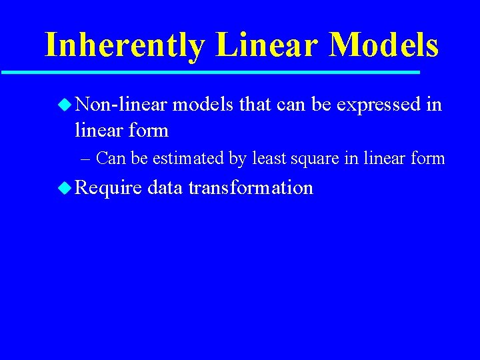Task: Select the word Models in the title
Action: pos(384,45)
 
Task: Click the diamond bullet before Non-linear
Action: pos(65,105)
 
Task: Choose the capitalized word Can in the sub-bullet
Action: pos(109,159)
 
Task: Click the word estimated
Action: pos(193,159)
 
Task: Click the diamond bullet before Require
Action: pos(65,187)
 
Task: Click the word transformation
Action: pos(251,187)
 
